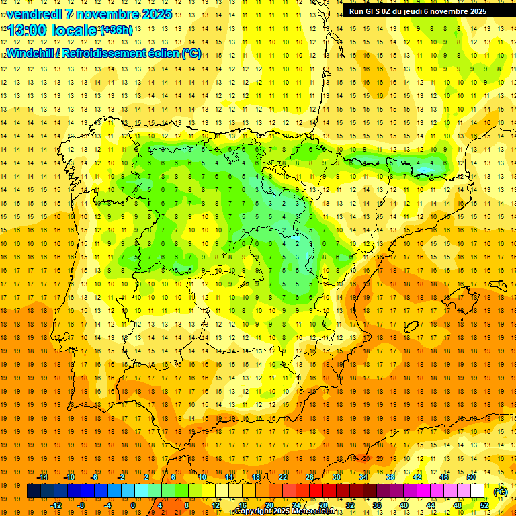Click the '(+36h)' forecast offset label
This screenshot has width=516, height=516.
tap(116, 30)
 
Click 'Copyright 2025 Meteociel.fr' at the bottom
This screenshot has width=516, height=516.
tap(285, 511)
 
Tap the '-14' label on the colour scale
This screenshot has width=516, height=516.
tap(42, 477)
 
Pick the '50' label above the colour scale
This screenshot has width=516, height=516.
tap(470, 477)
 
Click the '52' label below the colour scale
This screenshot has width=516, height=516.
tap(484, 505)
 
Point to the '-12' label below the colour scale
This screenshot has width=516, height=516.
tap(56, 505)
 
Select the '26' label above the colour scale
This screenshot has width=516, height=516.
tap(310, 477)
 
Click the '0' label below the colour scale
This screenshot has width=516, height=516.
tap(133, 505)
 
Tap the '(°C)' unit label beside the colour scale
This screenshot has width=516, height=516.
tap(501, 492)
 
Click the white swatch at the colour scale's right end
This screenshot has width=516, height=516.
tap(478, 491)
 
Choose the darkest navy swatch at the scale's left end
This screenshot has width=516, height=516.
tap(34, 491)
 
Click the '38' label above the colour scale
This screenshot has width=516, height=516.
tap(390, 477)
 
